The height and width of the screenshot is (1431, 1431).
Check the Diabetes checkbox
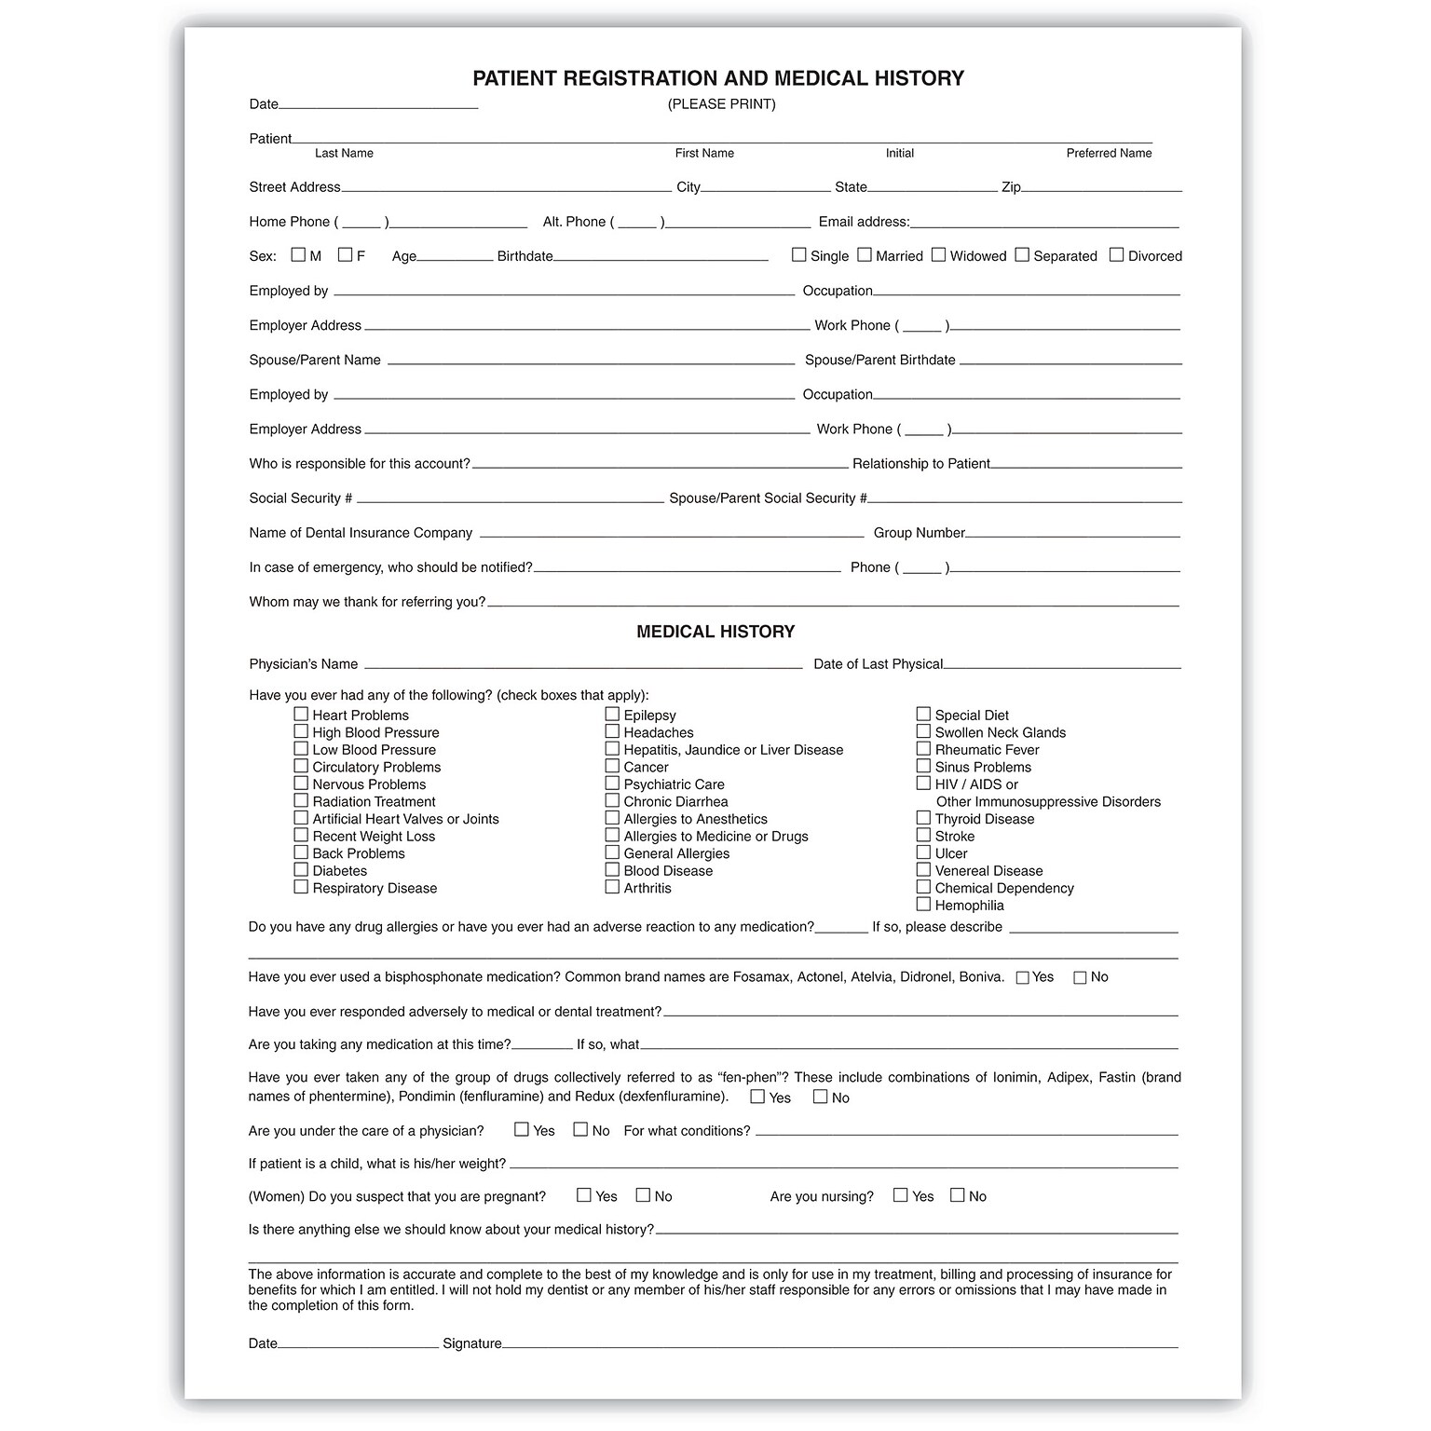[x=301, y=870]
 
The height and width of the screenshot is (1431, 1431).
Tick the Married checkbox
[x=865, y=254]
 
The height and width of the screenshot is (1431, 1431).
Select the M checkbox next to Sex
[x=298, y=254]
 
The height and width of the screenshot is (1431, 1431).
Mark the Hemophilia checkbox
[x=923, y=905]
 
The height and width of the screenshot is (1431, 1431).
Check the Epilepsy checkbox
[x=612, y=715]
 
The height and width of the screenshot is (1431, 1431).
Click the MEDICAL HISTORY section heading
[x=715, y=632]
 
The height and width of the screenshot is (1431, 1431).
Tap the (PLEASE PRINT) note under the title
[x=721, y=104]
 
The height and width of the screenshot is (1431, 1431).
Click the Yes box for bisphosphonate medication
[x=1023, y=977]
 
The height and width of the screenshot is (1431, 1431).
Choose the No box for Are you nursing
[x=957, y=1195]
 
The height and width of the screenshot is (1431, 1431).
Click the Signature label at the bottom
[x=472, y=1343]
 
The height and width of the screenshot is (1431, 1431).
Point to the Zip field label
[x=1011, y=187]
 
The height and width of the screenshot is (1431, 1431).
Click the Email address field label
[x=864, y=222]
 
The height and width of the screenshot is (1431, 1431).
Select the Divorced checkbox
[x=1116, y=254]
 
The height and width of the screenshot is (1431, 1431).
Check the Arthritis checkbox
[x=612, y=887]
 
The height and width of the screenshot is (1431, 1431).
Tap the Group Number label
[x=919, y=533]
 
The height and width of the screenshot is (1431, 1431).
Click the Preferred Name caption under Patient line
[x=1109, y=154]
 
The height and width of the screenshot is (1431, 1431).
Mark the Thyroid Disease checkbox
[x=923, y=818]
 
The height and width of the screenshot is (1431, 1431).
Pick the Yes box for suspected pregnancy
[x=584, y=1195]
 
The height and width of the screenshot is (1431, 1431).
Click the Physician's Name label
[x=304, y=664]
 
